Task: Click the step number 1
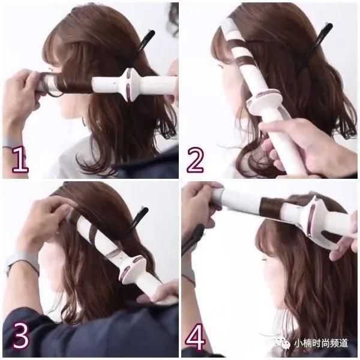tap(20, 160)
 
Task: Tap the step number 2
tap(195, 160)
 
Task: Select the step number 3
tap(21, 335)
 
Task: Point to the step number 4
tap(195, 337)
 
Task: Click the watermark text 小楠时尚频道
tap(321, 343)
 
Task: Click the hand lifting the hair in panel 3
tap(46, 220)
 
